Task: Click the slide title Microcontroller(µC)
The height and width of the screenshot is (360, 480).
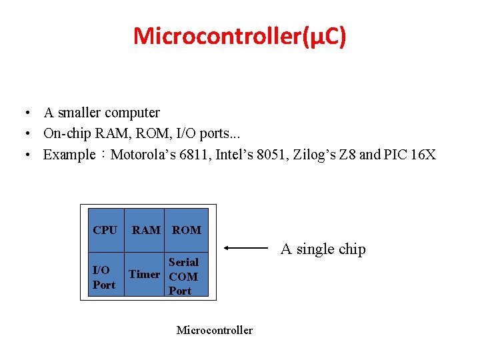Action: (239, 36)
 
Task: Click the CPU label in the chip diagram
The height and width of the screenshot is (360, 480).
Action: (105, 230)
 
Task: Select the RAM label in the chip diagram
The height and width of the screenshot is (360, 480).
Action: (146, 230)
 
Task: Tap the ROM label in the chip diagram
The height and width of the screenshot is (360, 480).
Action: (187, 230)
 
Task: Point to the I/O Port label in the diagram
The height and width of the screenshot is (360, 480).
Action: (103, 277)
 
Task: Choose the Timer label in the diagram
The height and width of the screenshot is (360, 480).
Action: (144, 274)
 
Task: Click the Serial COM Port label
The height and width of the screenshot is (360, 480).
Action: (183, 276)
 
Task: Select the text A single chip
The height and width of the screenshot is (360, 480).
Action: (323, 249)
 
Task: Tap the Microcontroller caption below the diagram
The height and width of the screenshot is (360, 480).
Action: (215, 330)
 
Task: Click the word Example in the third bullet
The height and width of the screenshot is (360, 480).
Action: (69, 155)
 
